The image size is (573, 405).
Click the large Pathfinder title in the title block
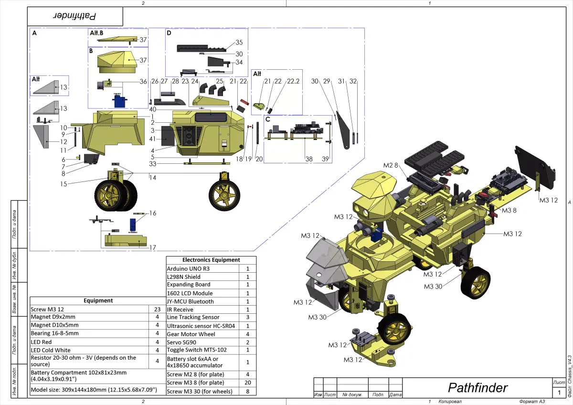[x=477, y=387]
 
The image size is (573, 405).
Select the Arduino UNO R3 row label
[x=188, y=268]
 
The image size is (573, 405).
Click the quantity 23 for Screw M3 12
[x=157, y=309]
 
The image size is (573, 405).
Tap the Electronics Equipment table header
[x=211, y=260]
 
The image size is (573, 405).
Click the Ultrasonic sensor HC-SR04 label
[x=201, y=326]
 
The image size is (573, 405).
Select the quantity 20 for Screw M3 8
[x=247, y=383]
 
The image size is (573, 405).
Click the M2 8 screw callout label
[x=391, y=165]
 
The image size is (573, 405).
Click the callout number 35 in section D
[x=239, y=43]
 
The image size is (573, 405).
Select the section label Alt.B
[x=97, y=33]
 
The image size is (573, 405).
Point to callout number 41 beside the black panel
[x=153, y=139]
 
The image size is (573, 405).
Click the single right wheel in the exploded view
[x=223, y=195]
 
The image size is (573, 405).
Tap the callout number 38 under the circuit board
[x=309, y=159]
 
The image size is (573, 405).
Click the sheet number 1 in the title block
[x=559, y=393]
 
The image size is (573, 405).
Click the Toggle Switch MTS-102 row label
[x=196, y=350]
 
